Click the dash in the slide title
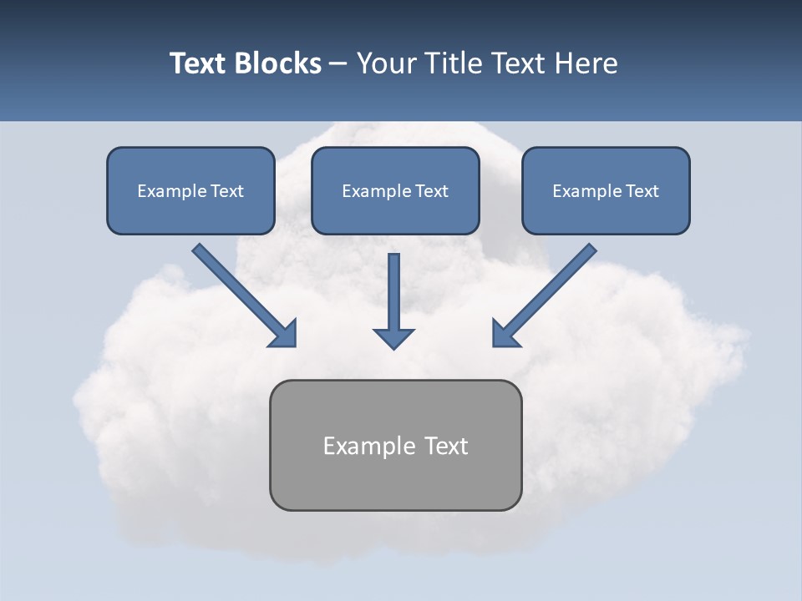point(338,63)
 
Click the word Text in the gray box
point(446,446)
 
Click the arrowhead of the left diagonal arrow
point(284,335)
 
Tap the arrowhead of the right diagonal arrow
point(505,334)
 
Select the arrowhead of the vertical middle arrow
point(393,338)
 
